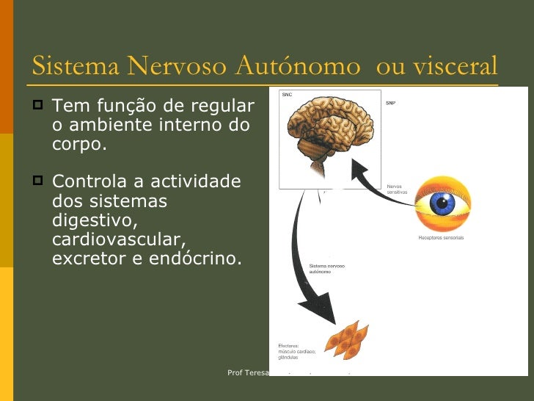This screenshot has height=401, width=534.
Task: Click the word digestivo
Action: pos(95,220)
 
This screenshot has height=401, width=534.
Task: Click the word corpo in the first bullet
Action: pos(76,144)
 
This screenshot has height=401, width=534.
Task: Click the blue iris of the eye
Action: pos(442,203)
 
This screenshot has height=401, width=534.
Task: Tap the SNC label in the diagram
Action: pos(288,95)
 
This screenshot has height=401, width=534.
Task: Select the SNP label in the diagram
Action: pos(391,103)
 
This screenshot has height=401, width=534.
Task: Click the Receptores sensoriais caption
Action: pos(441,238)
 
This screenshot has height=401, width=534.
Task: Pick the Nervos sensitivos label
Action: pos(397,189)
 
